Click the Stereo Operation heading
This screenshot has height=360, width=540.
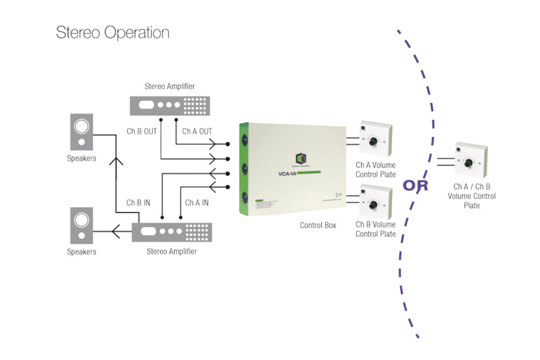tap(113, 33)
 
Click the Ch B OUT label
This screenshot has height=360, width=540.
tap(142, 131)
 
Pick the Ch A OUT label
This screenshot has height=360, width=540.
tap(197, 131)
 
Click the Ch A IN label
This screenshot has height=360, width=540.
tap(197, 203)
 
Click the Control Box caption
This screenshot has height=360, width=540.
tap(318, 224)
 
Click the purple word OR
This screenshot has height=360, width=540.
tap(415, 185)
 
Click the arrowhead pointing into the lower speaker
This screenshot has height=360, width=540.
tap(115, 233)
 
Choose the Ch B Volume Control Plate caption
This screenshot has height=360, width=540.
tap(376, 229)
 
